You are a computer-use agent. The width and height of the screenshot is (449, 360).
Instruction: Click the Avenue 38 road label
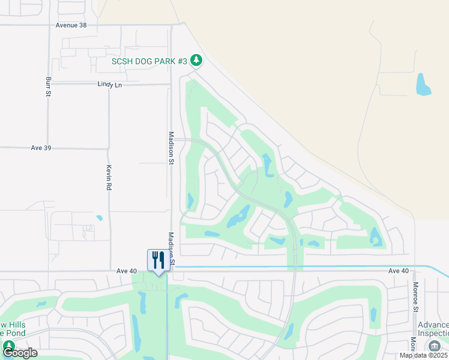[71, 25]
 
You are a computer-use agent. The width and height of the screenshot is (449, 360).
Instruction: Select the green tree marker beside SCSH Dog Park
[196, 60]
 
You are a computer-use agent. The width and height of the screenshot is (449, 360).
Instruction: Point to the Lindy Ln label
[109, 85]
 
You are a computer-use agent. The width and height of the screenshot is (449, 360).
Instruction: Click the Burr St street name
[47, 86]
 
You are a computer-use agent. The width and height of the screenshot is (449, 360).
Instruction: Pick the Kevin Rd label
[109, 178]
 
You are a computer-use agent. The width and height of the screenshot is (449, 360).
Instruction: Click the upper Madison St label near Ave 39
[171, 148]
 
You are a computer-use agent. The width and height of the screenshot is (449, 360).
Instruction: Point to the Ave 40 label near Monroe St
[398, 271]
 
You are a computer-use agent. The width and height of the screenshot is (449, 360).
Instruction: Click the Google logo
[20, 353]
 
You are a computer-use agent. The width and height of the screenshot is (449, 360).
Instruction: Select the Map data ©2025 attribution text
[423, 355]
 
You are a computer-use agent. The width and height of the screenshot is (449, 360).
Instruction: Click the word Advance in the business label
[433, 325]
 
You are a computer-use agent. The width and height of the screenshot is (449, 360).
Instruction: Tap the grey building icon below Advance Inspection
[434, 346]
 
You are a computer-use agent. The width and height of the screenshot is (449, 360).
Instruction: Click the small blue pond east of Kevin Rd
[99, 218]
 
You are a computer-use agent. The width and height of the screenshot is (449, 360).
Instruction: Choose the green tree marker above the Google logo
[9, 346]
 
